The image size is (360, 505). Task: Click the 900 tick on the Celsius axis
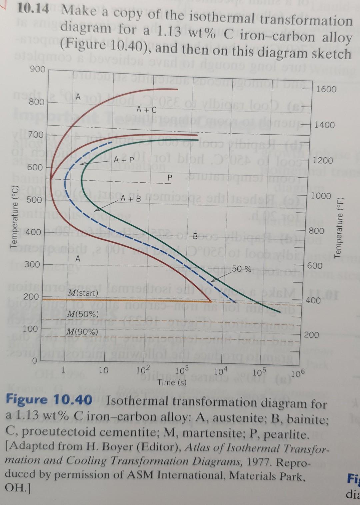37,69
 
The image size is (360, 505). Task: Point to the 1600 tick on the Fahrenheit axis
326,89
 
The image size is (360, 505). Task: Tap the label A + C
146,109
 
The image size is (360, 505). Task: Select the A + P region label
123,160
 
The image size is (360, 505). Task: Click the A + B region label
131,199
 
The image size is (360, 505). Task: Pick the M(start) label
83,293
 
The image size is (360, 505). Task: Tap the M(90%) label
82,332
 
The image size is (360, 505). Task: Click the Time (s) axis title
172,382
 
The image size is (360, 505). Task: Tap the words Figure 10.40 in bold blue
49,400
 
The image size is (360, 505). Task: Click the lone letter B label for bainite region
196,237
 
